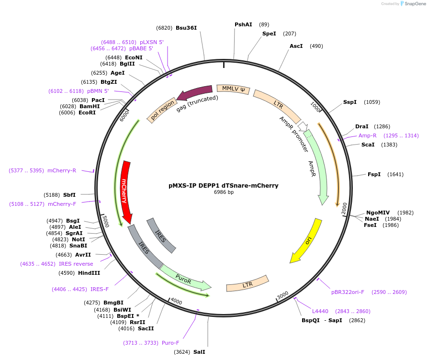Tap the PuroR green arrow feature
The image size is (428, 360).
click(184, 279)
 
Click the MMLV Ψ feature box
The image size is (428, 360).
click(233, 89)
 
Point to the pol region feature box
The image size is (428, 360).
click(162, 111)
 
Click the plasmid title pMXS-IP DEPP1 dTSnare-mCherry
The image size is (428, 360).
click(224, 185)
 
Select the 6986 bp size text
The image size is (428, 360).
click(224, 192)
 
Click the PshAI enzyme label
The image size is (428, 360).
click(243, 24)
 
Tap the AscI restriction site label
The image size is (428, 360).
click(296, 46)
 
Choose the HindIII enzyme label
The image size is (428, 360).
click(89, 273)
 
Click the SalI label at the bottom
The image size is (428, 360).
click(199, 352)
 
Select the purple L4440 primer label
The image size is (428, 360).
click(320, 311)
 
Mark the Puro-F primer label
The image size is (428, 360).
click(170, 342)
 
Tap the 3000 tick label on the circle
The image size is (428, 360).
click(282, 294)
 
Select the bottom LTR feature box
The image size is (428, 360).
click(248, 284)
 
